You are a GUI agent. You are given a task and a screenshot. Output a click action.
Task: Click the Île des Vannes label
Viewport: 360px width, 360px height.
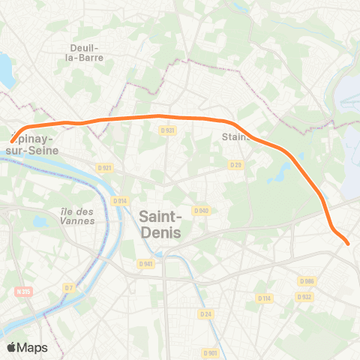point(78,215)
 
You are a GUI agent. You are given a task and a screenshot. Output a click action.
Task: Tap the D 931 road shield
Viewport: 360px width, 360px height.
point(167,130)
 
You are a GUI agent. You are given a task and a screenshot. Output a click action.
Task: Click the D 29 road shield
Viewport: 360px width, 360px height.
point(235,165)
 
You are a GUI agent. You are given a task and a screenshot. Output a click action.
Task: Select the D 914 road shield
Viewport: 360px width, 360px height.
point(118,201)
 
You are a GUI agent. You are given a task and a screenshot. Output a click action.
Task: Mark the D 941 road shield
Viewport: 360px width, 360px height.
point(145,263)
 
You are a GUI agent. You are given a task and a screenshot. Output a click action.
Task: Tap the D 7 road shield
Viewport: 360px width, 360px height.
point(69,288)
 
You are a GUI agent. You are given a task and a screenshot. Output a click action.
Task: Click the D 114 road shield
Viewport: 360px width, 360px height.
point(263,298)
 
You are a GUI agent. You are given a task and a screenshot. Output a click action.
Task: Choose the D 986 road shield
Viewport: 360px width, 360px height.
point(305,281)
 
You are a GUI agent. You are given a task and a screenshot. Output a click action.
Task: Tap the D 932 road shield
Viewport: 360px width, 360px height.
point(304,297)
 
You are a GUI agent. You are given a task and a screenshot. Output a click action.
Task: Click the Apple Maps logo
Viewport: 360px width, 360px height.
point(27,347)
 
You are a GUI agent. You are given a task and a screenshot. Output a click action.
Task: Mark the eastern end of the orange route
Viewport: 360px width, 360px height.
point(347,242)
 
